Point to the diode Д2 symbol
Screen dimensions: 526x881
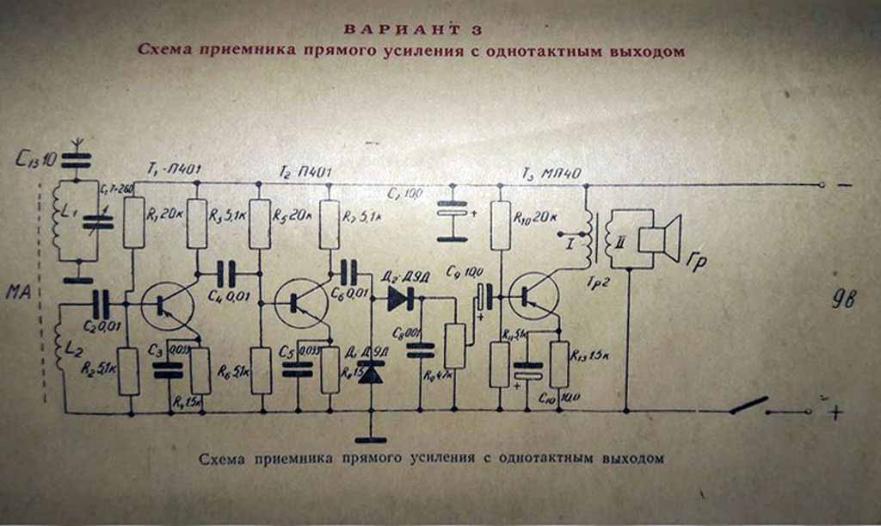[x=400, y=298]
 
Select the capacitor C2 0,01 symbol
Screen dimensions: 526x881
[x=101, y=304]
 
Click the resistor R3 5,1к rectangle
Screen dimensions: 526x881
[x=197, y=221]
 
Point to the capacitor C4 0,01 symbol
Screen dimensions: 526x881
[x=225, y=274]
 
